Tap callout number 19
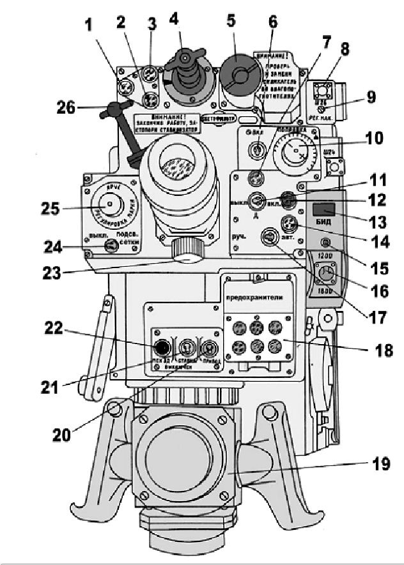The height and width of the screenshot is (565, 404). (382, 464)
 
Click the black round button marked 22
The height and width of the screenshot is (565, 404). (162, 347)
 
